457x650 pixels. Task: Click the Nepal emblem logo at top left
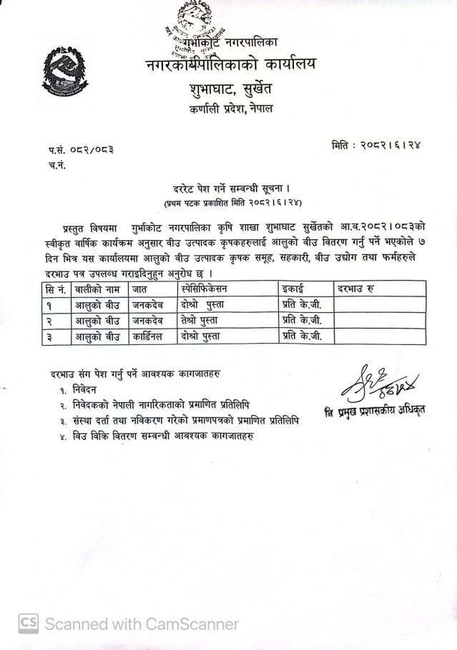click(66, 71)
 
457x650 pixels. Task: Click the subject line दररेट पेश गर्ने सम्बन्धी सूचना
click(226, 191)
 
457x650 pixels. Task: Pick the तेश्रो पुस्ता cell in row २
click(203, 320)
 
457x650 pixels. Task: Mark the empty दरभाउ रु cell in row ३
click(379, 336)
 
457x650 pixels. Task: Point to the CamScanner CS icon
click(28, 623)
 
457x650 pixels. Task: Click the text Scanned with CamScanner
click(142, 624)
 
